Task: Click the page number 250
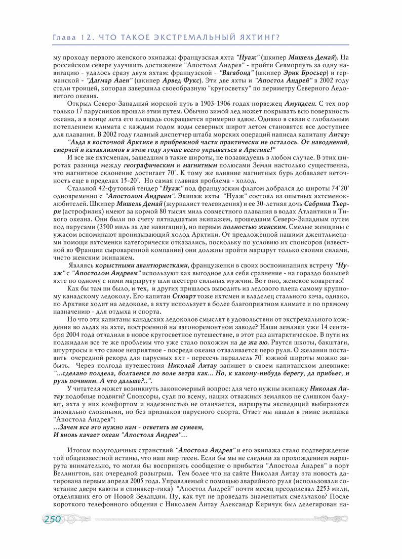[x=53, y=519]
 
